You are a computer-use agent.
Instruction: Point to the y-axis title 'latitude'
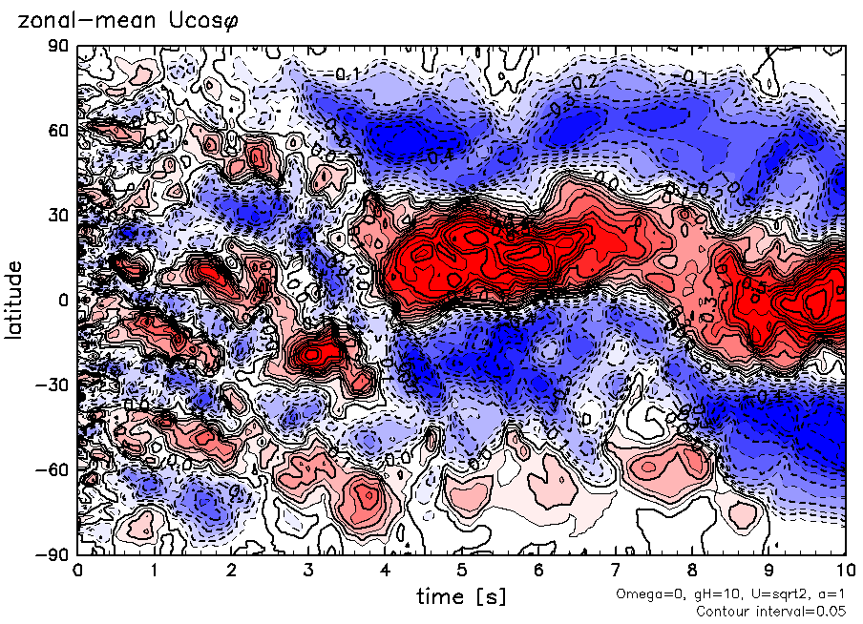(15, 300)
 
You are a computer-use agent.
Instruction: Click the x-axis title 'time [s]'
(461, 597)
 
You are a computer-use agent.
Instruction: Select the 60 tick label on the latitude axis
(59, 130)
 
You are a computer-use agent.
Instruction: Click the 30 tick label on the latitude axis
(59, 215)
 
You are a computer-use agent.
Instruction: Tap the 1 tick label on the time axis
(154, 571)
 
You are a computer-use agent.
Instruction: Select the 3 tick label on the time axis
(307, 571)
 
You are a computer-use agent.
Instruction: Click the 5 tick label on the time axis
(461, 571)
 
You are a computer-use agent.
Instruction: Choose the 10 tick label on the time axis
(844, 571)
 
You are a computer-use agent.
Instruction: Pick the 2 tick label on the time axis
(231, 571)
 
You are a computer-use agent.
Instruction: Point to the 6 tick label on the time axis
(538, 571)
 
